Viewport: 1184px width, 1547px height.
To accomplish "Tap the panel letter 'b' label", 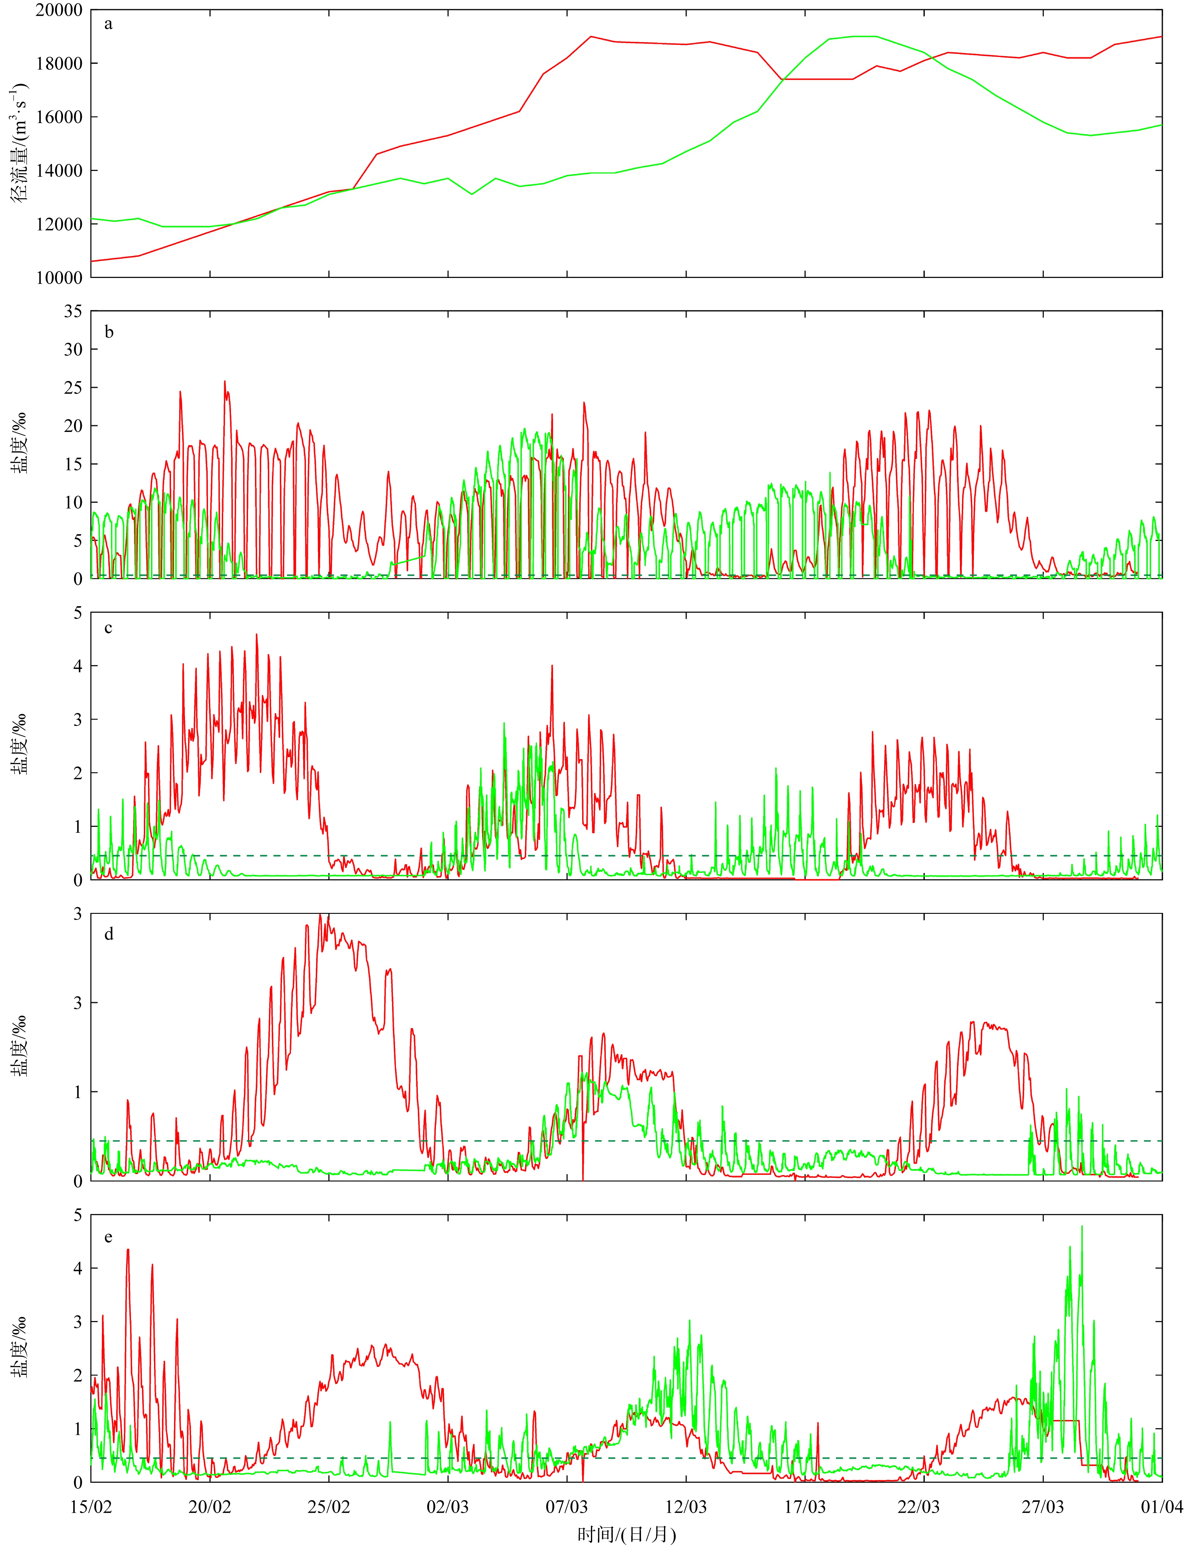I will (x=109, y=332).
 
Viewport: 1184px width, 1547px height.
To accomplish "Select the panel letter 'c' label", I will (x=108, y=628).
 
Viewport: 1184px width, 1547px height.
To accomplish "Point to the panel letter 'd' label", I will (x=109, y=934).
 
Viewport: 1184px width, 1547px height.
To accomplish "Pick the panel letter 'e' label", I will (x=108, y=1237).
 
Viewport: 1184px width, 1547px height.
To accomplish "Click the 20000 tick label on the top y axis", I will (x=59, y=10).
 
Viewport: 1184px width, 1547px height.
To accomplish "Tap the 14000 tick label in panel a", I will (x=59, y=170).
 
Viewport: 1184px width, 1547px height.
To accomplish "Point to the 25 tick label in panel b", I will (x=72, y=387).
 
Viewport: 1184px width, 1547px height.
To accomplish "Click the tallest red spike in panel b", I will (x=225, y=382).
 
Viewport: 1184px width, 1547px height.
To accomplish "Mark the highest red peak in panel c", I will (x=257, y=634).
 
